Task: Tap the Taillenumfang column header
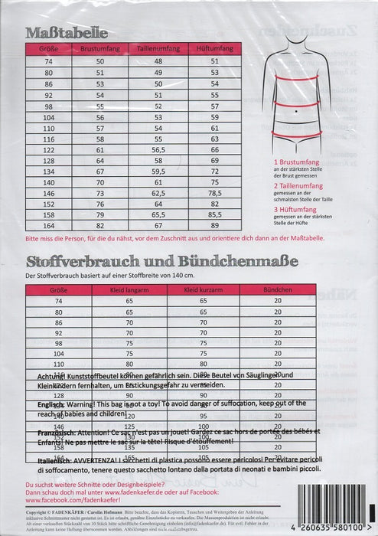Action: click(x=158, y=48)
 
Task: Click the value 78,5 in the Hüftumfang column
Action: click(x=214, y=194)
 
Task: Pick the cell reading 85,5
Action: click(x=214, y=216)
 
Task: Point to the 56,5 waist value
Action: click(x=158, y=151)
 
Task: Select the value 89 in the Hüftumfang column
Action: click(x=214, y=227)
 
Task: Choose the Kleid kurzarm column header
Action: click(x=203, y=291)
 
